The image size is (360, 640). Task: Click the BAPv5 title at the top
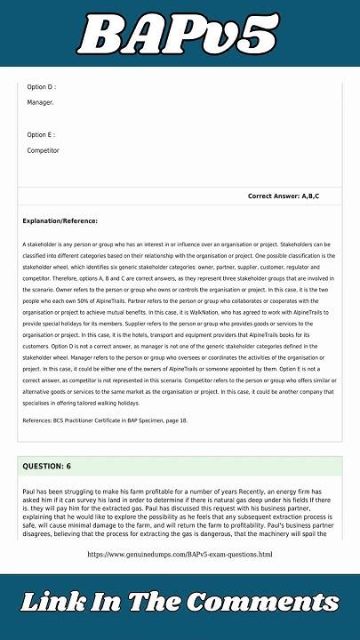(x=179, y=36)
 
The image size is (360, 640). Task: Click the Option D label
(x=41, y=87)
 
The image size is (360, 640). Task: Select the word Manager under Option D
(x=40, y=103)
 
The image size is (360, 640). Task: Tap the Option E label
(x=41, y=135)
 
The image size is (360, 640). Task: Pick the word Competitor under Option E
(x=43, y=151)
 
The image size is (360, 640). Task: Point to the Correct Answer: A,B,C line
(x=283, y=196)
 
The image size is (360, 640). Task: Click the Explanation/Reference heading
(x=60, y=220)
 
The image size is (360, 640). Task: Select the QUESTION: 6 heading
(x=48, y=466)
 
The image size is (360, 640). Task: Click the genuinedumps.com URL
(x=180, y=555)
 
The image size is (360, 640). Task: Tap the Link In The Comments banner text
(x=180, y=602)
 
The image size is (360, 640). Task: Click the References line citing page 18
(x=105, y=420)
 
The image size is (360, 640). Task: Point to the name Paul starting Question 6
(x=29, y=491)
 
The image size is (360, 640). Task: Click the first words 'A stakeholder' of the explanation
(x=39, y=244)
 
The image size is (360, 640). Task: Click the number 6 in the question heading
(x=68, y=466)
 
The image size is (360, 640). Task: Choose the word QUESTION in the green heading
(x=43, y=466)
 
